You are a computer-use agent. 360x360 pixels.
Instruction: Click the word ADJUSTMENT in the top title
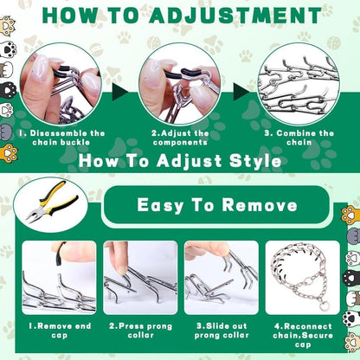(x=235, y=16)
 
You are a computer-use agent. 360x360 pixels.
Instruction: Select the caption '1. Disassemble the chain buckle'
(x=61, y=138)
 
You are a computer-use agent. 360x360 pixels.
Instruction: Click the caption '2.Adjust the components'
(x=180, y=138)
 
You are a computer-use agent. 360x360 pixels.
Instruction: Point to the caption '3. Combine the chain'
(x=299, y=138)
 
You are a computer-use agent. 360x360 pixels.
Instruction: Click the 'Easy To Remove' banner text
(x=217, y=205)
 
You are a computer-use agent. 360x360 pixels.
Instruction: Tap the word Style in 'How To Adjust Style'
(x=255, y=161)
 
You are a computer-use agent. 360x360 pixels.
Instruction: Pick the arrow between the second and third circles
(x=241, y=92)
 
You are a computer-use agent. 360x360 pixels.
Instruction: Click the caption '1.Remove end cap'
(x=60, y=331)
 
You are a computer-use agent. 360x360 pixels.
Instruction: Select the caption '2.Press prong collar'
(x=140, y=331)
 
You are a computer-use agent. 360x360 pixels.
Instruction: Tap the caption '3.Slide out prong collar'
(x=222, y=331)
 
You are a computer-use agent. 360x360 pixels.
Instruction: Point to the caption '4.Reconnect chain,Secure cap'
(x=303, y=335)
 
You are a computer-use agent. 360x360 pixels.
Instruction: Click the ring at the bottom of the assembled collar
(x=322, y=305)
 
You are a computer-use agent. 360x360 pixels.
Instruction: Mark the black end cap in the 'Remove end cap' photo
(x=61, y=254)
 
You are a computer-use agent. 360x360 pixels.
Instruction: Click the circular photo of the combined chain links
(x=299, y=84)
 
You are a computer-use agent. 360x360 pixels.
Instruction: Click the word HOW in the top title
(x=69, y=16)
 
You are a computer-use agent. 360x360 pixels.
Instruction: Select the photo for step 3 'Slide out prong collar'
(x=222, y=278)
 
